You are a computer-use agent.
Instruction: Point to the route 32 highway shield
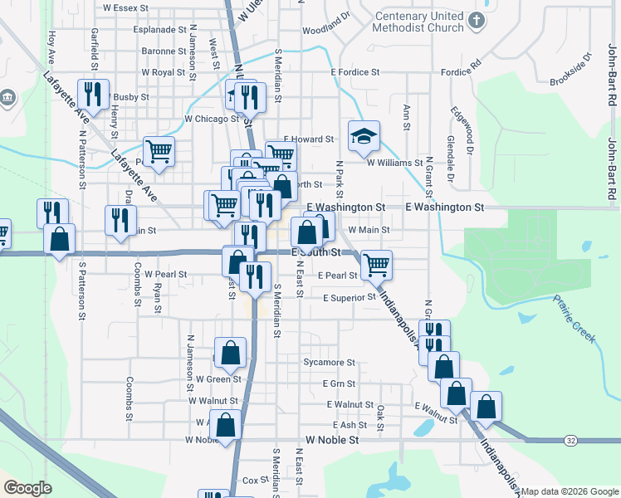pyautogui.click(x=570, y=439)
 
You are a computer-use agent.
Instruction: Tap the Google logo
pyautogui.click(x=28, y=488)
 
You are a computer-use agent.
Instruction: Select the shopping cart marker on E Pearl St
pyautogui.click(x=376, y=265)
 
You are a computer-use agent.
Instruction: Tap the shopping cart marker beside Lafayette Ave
pyautogui.click(x=158, y=151)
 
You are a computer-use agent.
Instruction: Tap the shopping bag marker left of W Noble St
pyautogui.click(x=225, y=424)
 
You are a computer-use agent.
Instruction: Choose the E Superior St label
pyautogui.click(x=350, y=298)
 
